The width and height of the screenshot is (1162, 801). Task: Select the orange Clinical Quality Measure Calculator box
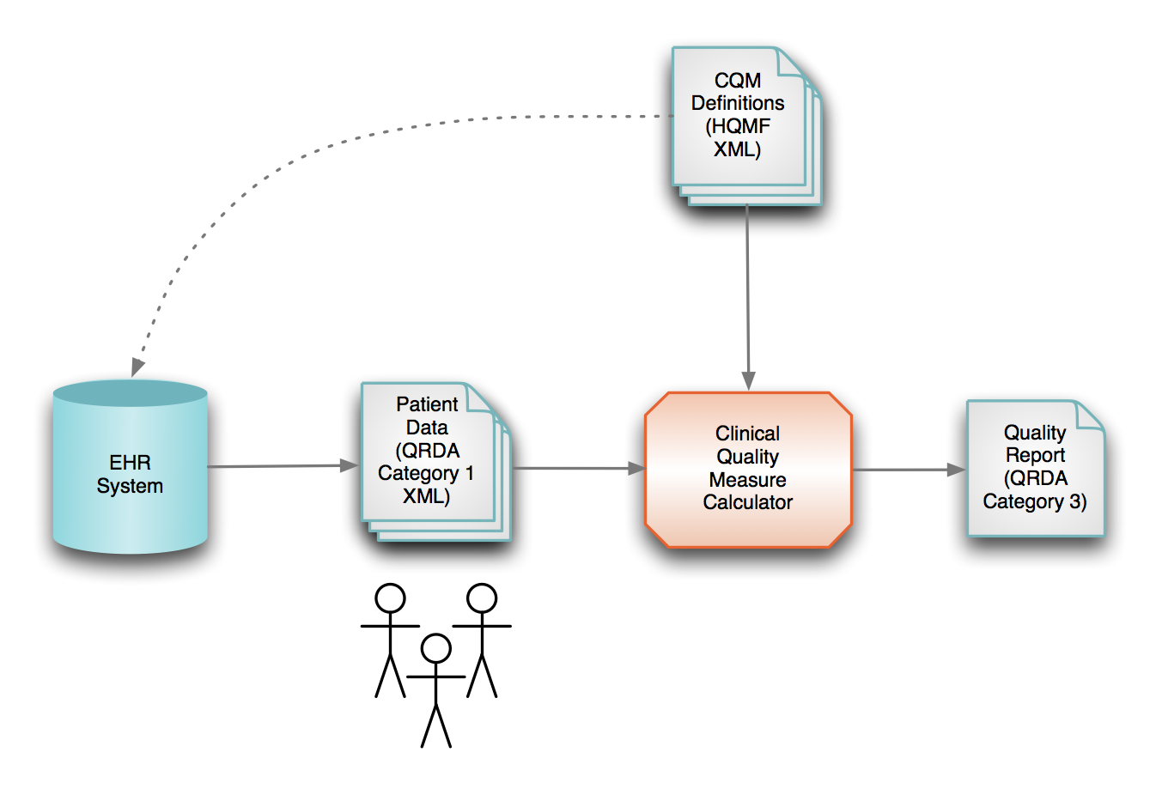click(x=748, y=470)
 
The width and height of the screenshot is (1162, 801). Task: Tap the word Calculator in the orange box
click(x=747, y=502)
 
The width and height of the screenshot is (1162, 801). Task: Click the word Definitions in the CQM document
click(x=738, y=103)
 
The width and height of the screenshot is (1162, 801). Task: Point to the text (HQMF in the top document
click(x=738, y=126)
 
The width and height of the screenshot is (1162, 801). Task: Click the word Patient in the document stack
click(x=427, y=404)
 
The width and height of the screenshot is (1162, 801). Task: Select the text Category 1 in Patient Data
click(x=425, y=473)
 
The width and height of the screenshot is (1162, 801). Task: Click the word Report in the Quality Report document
click(x=1035, y=455)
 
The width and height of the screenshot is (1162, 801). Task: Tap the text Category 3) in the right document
click(x=1034, y=501)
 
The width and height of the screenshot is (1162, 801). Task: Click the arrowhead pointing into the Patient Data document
click(x=350, y=465)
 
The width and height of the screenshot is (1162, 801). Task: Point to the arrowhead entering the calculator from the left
click(x=636, y=469)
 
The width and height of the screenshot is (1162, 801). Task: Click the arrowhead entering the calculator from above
click(x=749, y=381)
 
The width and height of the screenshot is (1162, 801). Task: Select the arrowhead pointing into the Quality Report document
click(x=956, y=470)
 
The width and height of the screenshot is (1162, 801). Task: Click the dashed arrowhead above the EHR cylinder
click(x=137, y=367)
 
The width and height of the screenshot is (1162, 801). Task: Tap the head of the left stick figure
click(x=391, y=598)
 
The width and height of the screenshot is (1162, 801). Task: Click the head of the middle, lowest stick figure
click(x=436, y=648)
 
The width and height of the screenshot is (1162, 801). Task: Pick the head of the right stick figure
click(x=482, y=598)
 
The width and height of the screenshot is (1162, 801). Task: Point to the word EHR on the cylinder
click(x=130, y=463)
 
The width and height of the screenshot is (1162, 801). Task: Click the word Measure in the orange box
click(x=747, y=479)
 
